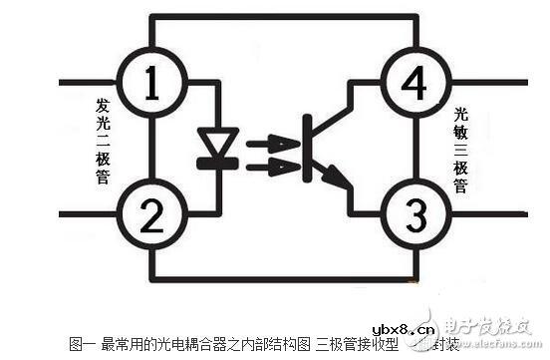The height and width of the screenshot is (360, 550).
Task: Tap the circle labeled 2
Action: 151,212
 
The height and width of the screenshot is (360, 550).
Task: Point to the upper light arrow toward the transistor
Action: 270,144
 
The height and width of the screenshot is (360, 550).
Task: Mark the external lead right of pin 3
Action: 488,212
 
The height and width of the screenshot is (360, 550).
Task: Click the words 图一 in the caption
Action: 81,344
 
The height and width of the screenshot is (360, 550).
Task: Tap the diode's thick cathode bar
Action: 217,161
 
